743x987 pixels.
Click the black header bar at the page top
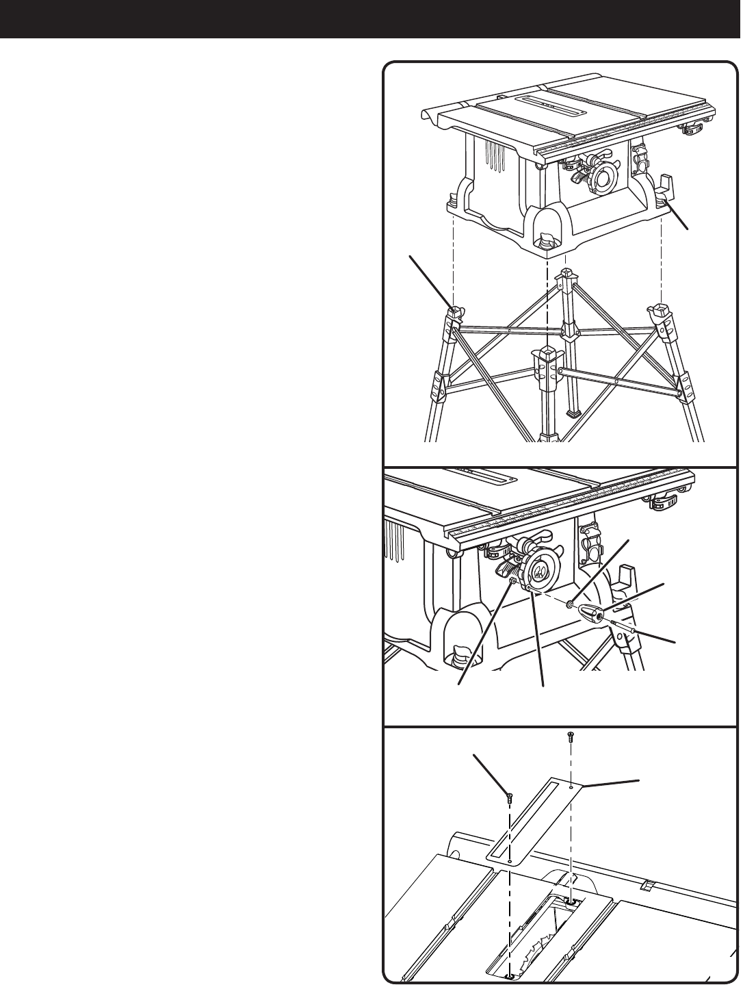tap(371, 18)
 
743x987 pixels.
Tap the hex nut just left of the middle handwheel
tap(512, 580)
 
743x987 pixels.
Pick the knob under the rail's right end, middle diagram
tap(660, 505)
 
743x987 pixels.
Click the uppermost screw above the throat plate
tap(571, 737)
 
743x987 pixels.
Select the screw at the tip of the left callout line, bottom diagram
tap(510, 795)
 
